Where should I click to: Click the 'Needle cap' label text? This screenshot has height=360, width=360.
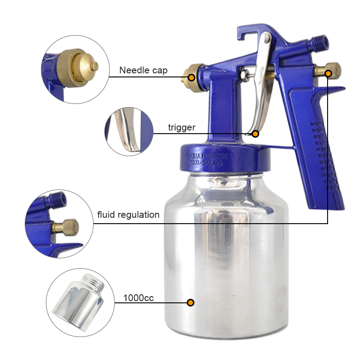[143, 71]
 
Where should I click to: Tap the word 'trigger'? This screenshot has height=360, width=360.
[181, 128]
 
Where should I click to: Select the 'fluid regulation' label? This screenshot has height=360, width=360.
[128, 215]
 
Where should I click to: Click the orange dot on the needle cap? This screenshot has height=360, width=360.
[191, 77]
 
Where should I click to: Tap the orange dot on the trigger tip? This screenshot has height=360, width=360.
[255, 134]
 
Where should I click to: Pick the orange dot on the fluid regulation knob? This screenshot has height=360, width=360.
[328, 73]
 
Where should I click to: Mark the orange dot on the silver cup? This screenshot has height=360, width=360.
[191, 302]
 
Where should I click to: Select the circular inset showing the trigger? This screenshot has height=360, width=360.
[129, 131]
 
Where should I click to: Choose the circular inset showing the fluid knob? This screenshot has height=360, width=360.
[58, 223]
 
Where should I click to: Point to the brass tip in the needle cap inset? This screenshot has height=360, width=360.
[93, 65]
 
